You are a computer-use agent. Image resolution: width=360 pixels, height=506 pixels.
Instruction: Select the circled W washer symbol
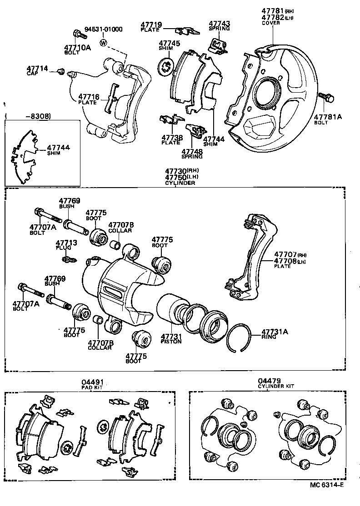click(x=104, y=43)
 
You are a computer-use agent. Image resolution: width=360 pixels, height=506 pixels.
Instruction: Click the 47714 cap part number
click(x=37, y=68)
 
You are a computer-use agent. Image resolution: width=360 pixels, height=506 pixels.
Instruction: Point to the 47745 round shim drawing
click(x=166, y=66)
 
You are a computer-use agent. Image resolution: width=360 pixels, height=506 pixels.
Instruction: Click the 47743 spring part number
click(x=220, y=23)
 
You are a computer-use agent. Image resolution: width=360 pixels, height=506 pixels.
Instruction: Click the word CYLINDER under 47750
click(x=180, y=183)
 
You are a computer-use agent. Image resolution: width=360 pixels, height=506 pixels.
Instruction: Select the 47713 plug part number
click(x=66, y=243)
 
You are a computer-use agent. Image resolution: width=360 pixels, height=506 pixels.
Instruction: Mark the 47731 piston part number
click(x=171, y=336)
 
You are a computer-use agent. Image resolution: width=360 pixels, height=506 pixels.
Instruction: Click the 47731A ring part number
click(x=275, y=332)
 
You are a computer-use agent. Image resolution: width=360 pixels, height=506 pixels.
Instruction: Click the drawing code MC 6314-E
click(x=327, y=497)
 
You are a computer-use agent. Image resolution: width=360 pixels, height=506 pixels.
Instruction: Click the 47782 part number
click(x=272, y=17)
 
